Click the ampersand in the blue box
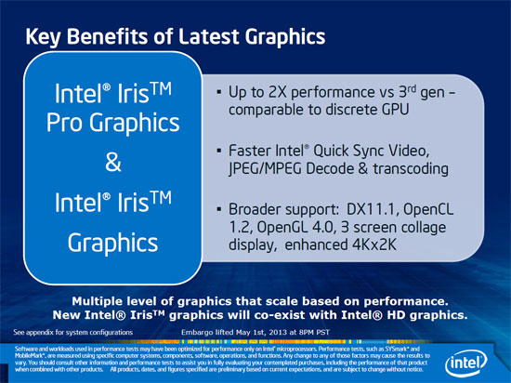tap(111, 161)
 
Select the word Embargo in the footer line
tap(203, 331)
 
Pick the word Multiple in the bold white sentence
tap(106, 300)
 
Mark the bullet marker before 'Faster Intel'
tap(218, 151)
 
